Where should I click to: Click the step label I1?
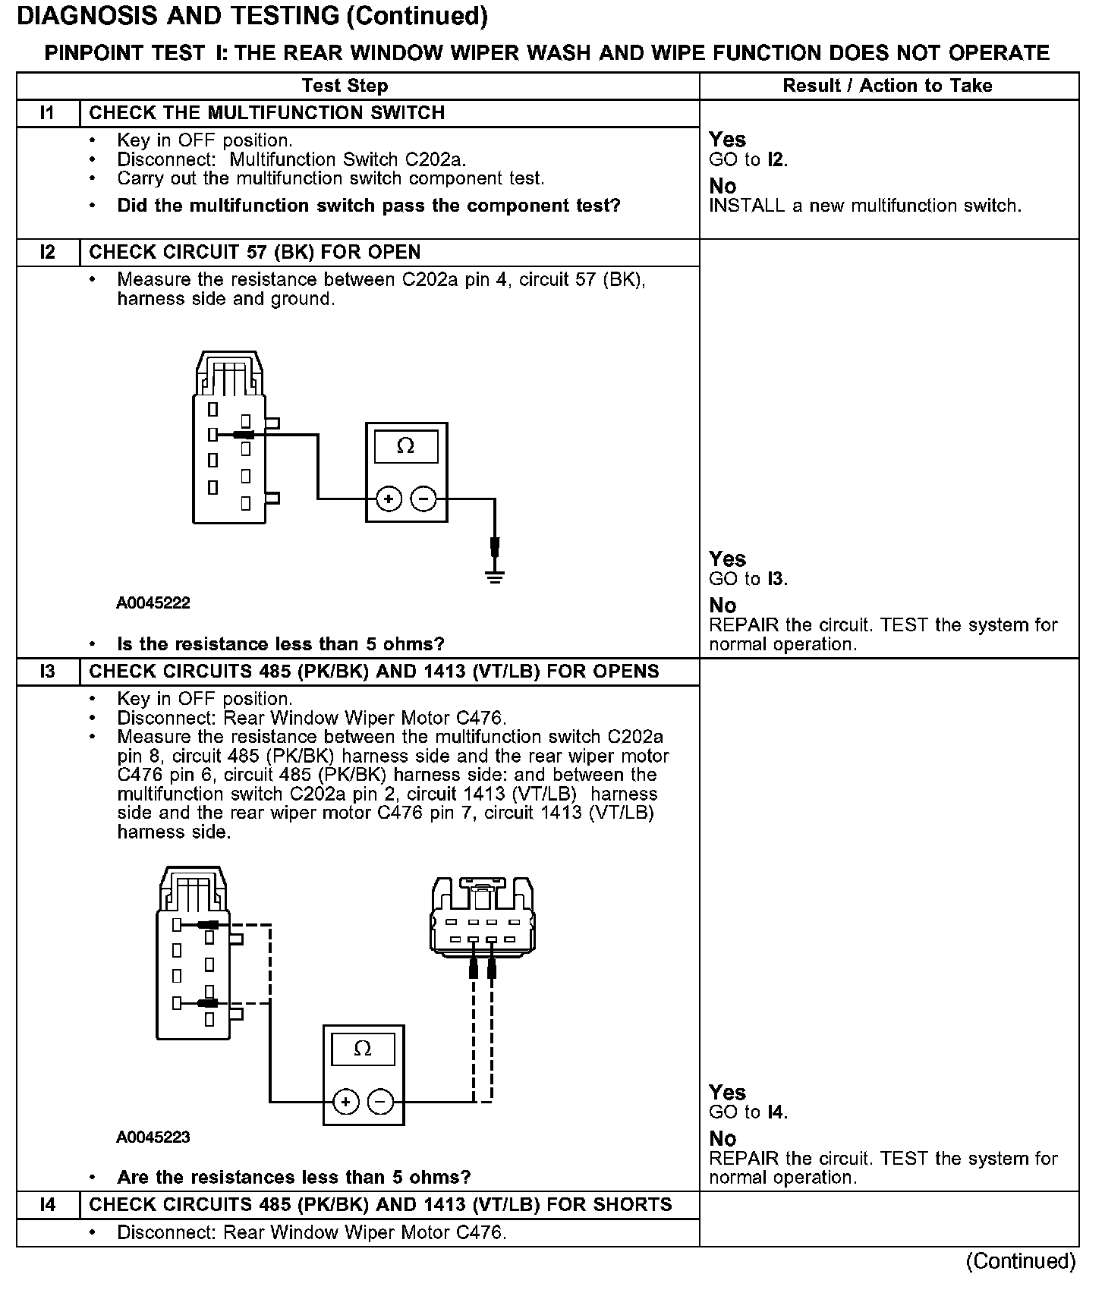point(48,113)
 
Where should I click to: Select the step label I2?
point(48,252)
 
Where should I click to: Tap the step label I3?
point(48,672)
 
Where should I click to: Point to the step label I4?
point(48,1205)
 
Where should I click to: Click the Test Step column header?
point(345,86)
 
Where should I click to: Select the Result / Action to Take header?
point(887,86)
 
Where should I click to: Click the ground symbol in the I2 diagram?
point(495,577)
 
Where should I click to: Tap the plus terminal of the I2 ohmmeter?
point(389,499)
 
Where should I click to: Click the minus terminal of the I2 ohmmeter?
point(423,499)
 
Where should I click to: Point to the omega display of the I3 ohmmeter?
point(363,1049)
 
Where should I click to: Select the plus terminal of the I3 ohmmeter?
point(345,1101)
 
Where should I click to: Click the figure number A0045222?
point(153,603)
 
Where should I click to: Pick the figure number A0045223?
point(153,1137)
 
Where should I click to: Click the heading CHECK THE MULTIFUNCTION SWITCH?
point(267,113)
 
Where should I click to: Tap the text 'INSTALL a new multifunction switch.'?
point(865,206)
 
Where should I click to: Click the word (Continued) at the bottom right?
point(1020,1261)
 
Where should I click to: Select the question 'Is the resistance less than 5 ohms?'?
point(281,644)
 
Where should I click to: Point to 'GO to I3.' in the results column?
point(748,579)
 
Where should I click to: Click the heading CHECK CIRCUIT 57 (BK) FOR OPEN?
point(255,252)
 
